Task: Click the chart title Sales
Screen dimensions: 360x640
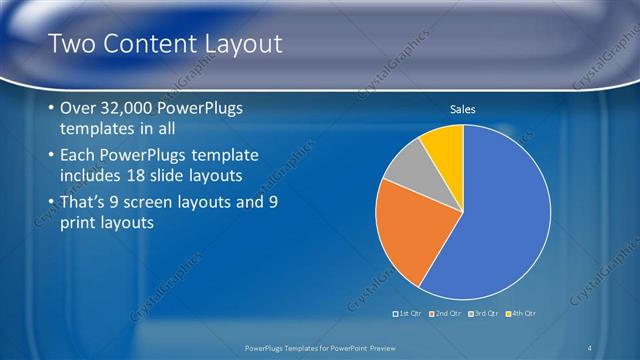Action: (x=462, y=109)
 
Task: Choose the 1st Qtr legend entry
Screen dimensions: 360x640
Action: (x=410, y=314)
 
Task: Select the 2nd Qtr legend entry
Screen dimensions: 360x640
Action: (x=448, y=314)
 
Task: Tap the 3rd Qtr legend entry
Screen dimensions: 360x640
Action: (x=486, y=314)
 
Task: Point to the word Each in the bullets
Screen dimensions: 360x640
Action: (x=79, y=156)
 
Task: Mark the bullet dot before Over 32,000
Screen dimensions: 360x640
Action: (x=51, y=109)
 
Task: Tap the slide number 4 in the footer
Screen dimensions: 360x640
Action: (x=590, y=347)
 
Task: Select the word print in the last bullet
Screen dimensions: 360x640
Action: (x=79, y=224)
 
